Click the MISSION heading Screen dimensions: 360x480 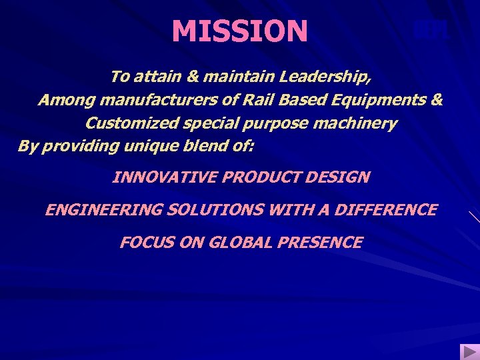coord(240,31)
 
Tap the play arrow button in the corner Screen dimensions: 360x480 coord(468,351)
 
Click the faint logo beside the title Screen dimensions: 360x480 coord(429,30)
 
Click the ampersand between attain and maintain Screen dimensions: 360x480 coord(192,77)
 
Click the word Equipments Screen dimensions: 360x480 coord(373,101)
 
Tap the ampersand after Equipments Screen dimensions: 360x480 coord(437,100)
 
